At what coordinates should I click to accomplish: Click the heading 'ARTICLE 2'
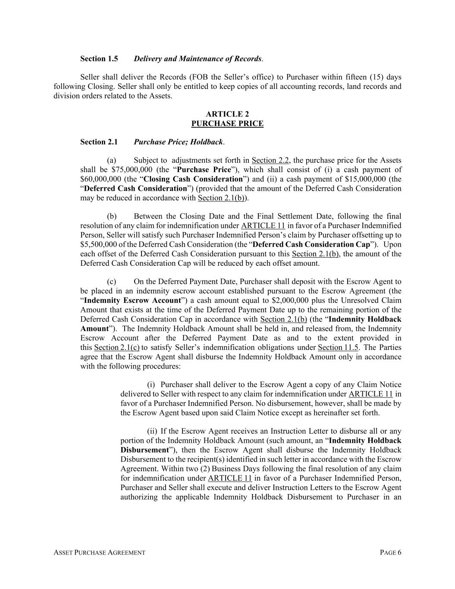point(227,114)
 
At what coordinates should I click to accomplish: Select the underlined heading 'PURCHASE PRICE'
point(227,124)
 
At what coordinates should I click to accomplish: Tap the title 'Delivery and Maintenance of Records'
point(198,59)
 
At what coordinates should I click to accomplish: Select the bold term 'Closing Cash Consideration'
point(193,179)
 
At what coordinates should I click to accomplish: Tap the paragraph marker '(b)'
point(112,216)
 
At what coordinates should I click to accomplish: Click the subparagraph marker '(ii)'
point(152,431)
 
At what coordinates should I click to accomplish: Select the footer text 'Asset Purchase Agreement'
point(99,553)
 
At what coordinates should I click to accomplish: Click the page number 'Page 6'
point(391,553)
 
